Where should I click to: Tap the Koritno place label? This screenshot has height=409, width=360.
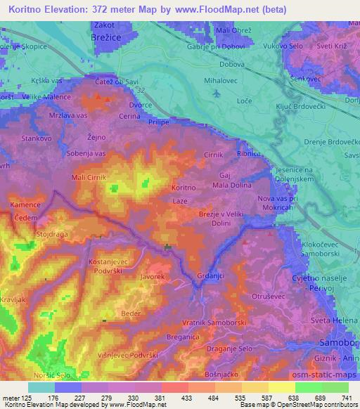[184, 188]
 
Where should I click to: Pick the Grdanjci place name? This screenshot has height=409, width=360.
[212, 275]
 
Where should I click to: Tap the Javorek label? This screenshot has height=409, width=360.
[153, 278]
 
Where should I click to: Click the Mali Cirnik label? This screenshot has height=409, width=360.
[88, 177]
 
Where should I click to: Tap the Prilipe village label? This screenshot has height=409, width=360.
[159, 122]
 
